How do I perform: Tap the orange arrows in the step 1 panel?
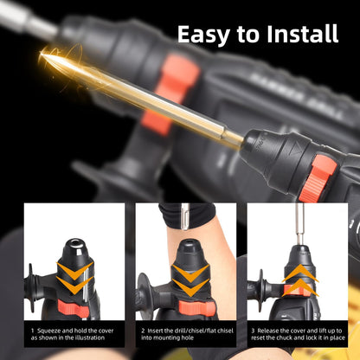point(75,280)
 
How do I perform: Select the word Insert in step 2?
point(160,330)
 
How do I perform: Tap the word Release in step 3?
point(272,330)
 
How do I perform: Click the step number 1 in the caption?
point(32,330)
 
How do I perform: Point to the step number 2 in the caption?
point(143,330)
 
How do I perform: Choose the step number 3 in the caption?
point(254,330)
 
